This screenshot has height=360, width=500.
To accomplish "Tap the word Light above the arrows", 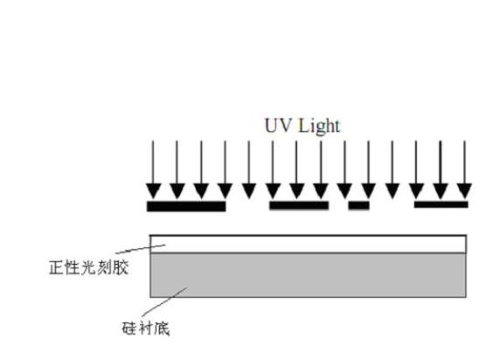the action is (319, 127).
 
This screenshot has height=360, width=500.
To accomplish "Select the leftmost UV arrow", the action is (153, 170).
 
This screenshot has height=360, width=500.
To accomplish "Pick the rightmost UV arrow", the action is (464, 170).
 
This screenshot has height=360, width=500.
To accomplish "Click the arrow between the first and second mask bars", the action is (249, 170).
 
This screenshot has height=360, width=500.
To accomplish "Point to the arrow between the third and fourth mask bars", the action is (392, 170).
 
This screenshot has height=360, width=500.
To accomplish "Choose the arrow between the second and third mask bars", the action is (344, 170).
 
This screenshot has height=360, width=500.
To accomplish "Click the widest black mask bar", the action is (186, 206).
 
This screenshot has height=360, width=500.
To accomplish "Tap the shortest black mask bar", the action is (358, 205).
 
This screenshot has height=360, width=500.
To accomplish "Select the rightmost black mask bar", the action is (441, 204).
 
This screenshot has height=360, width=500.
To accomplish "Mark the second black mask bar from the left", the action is (299, 205).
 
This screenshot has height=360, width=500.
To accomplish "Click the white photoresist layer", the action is (308, 244).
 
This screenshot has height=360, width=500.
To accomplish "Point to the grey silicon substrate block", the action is (308, 275).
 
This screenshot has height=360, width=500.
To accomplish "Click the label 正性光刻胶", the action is (88, 267).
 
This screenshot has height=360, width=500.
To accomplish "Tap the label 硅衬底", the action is (146, 329).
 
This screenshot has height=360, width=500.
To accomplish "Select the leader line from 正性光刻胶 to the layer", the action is (141, 249).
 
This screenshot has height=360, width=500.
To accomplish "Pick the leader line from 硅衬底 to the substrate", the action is (164, 301).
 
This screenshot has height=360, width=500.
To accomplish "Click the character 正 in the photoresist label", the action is (57, 267).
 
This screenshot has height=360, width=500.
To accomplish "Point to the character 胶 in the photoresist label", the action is (121, 267).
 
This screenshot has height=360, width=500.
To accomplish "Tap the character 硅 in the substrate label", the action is (129, 329).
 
